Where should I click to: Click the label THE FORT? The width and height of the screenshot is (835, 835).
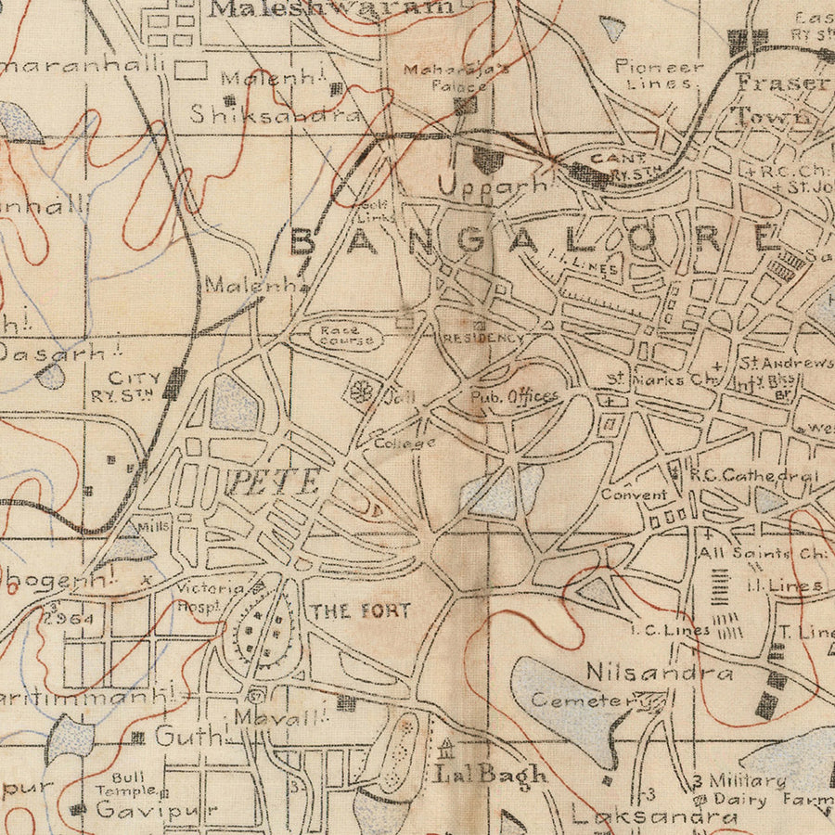(x=361, y=610)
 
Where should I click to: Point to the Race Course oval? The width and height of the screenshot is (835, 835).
(x=345, y=335)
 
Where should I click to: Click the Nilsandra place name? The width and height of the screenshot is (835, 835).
(x=659, y=673)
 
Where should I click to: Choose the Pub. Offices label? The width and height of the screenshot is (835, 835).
(x=514, y=396)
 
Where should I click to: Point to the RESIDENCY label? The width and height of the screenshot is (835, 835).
(x=483, y=339)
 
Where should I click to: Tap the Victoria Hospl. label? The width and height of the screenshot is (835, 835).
(x=212, y=596)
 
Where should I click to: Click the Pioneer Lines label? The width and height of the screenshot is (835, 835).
(x=660, y=74)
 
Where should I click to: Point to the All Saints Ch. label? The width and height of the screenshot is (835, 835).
(x=764, y=553)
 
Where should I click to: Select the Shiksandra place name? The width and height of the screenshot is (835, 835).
(x=276, y=114)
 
